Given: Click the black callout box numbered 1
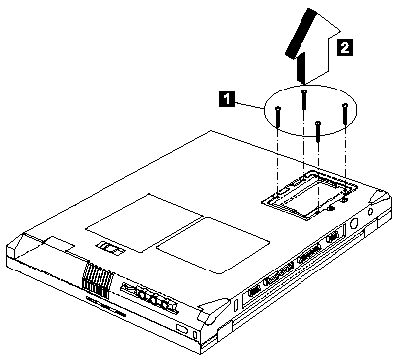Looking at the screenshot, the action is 227,99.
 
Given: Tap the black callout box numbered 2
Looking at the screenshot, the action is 345,47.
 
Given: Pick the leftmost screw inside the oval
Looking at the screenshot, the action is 278,117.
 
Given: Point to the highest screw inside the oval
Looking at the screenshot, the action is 304,99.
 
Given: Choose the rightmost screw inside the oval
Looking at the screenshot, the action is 345,114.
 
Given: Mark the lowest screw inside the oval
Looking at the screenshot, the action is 318,131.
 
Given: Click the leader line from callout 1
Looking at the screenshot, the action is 249,104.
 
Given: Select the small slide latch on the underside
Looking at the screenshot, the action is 111,249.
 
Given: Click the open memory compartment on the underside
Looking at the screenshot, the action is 309,195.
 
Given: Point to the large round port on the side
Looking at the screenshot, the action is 353,224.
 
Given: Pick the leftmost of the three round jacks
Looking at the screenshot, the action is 143,294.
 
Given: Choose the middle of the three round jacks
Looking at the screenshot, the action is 154,299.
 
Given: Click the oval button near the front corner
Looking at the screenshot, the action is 182,329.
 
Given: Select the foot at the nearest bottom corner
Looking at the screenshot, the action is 212,310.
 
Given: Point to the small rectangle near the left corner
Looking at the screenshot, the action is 59,244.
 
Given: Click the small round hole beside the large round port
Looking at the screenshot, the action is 370,211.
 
